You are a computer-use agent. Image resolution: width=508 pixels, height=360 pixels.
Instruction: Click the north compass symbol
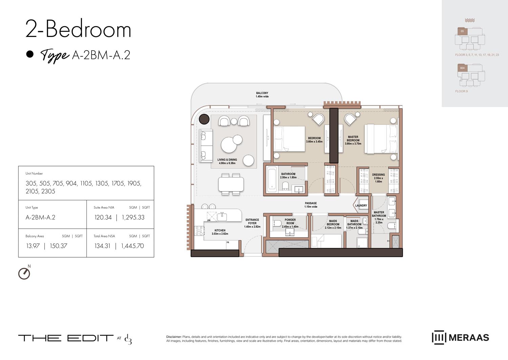pos(24,274)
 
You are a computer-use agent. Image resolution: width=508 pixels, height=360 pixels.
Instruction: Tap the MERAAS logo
pos(460,338)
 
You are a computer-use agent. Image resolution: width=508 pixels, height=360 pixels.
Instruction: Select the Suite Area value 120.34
pos(103,218)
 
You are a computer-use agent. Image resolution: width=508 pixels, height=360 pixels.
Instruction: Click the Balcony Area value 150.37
pos(58,246)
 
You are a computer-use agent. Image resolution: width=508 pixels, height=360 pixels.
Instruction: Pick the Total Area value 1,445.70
pos(132,246)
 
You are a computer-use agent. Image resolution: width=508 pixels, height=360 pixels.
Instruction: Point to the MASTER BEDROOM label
pos(353,140)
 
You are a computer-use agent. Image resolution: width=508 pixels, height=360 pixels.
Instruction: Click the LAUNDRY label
pos(361,205)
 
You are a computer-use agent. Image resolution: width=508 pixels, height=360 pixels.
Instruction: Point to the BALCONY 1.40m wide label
pos(262,95)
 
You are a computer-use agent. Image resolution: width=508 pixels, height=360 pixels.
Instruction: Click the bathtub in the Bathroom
pos(272,179)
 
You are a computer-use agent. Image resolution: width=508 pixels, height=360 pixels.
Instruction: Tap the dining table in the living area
pos(231,184)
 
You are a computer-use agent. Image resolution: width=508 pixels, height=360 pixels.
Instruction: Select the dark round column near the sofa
pos(204,119)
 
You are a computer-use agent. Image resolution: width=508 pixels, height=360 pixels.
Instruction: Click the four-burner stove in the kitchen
pos(199,231)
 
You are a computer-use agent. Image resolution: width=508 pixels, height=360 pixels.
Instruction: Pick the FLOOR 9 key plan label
pos(461,91)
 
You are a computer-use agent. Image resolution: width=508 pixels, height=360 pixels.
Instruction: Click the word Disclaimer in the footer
pos(174,337)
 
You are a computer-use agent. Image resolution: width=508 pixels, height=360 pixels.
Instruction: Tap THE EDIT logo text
pos(66,338)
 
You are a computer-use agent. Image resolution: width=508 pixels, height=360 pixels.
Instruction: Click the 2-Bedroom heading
pos(78,29)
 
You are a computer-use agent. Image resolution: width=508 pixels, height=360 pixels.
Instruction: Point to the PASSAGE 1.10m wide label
pos(311,205)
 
